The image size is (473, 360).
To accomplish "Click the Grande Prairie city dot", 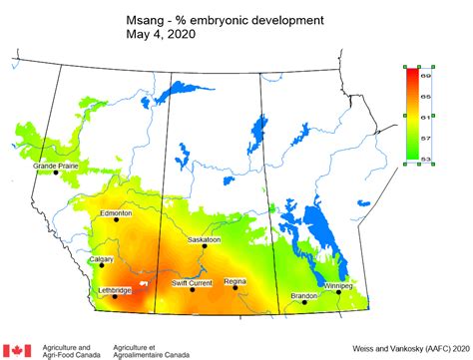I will tap(56, 174).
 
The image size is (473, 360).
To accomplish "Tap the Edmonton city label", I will tap(116, 212).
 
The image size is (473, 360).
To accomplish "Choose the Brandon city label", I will tap(303, 295).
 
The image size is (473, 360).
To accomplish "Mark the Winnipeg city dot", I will tap(339, 293).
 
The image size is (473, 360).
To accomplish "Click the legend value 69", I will tap(425, 75).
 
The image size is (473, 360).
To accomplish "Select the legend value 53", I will tap(425, 158).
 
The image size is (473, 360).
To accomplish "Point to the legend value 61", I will tap(425, 117).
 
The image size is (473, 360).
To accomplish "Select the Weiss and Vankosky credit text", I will tap(407, 349).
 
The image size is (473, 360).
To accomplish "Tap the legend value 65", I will tap(425, 96).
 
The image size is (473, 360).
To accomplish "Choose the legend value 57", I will tap(425, 138).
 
